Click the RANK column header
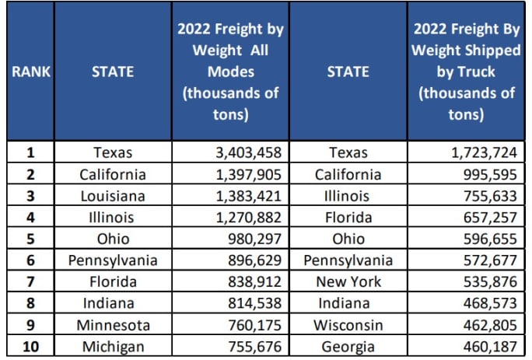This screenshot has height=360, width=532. [x=30, y=72]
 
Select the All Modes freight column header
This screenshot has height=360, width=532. [x=230, y=72]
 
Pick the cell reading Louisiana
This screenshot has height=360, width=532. [x=113, y=196]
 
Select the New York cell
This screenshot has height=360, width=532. [x=348, y=282]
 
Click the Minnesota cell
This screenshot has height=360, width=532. [x=113, y=326]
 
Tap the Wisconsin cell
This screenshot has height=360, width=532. [x=348, y=326]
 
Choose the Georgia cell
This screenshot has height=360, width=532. [x=348, y=348]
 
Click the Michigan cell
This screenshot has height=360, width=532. [x=113, y=348]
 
